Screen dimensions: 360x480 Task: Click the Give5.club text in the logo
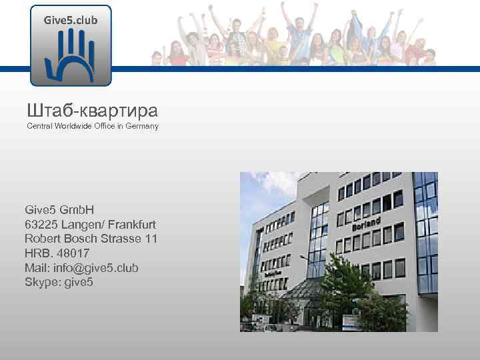[71, 20]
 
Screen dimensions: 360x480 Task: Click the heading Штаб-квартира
[92, 109]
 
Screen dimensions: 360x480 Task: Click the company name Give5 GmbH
[59, 211]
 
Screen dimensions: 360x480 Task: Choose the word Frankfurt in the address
[130, 225]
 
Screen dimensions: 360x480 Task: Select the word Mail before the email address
[37, 268]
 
